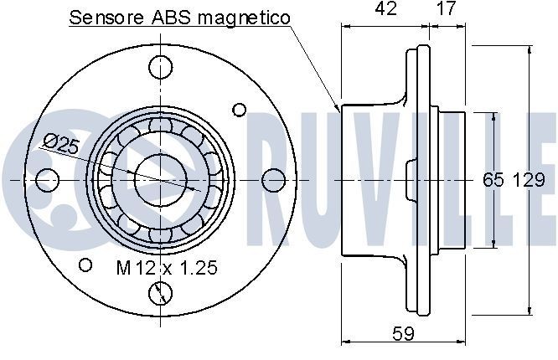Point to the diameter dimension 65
[x=493, y=180]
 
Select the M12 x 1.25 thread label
[x=166, y=268]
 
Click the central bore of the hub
[x=158, y=179]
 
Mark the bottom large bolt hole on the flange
[x=158, y=293]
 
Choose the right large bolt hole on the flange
[x=272, y=179]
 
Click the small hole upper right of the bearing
[x=240, y=110]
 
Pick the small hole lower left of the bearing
[x=85, y=265]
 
